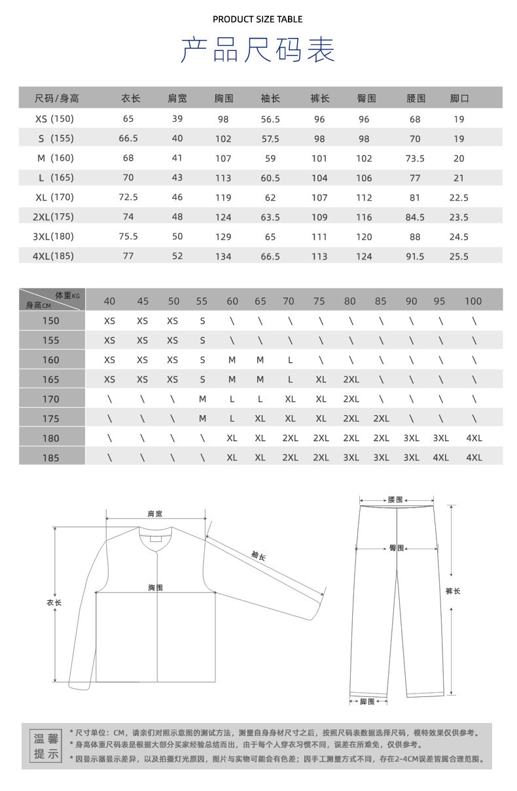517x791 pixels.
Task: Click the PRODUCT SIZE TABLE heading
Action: (257, 20)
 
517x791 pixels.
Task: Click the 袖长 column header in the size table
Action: (270, 99)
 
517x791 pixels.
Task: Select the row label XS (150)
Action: (54, 119)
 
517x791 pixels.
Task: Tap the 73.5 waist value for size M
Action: (415, 158)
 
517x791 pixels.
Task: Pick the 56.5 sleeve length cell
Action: (270, 119)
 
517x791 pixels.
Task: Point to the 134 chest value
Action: (223, 256)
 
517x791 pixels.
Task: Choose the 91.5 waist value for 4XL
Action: (415, 256)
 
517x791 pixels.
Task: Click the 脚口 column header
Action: (459, 99)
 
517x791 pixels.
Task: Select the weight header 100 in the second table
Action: (472, 301)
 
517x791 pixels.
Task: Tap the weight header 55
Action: (202, 301)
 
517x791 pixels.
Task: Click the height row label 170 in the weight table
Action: (51, 399)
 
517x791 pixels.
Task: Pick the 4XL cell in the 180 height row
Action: (474, 438)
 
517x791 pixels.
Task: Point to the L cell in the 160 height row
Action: (291, 360)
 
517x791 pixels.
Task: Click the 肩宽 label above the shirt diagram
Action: (154, 514)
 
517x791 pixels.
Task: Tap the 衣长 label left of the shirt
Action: (54, 603)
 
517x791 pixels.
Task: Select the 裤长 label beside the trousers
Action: (453, 591)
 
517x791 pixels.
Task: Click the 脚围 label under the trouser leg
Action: (367, 701)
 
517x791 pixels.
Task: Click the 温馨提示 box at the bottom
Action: (46, 746)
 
